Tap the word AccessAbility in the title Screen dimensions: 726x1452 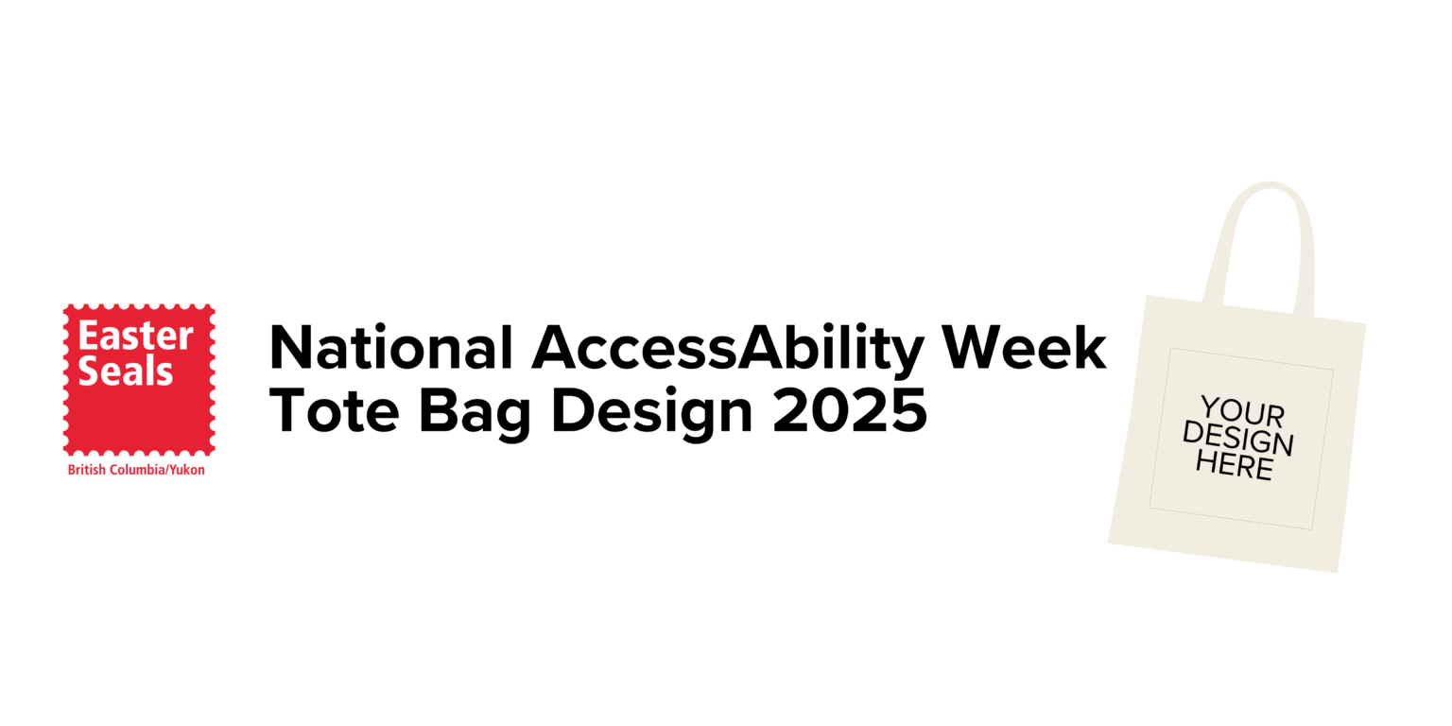tap(726, 348)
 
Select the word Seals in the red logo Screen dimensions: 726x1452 tap(126, 371)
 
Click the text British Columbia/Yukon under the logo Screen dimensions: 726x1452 tap(136, 470)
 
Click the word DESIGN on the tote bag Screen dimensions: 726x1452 tap(1237, 438)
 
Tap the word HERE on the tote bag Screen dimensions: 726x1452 tap(1234, 464)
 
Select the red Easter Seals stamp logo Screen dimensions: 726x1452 tap(139, 379)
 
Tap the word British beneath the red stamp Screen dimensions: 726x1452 tap(86, 470)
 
